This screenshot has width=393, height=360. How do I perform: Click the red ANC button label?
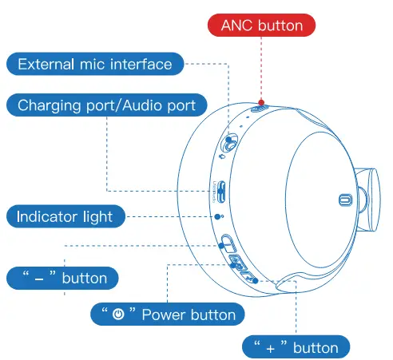coord(261,26)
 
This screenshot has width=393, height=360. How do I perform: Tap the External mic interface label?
coord(95,64)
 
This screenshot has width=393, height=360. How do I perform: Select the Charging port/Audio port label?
coord(107,105)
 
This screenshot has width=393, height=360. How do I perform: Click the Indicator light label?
coord(65,216)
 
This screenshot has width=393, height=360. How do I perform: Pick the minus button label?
coord(62,278)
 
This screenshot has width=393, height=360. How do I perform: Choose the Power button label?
coord(168,314)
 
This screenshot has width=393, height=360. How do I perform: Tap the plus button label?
coord(296,347)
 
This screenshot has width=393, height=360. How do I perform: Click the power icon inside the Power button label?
coord(118,315)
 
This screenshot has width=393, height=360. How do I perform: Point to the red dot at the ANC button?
coord(261,102)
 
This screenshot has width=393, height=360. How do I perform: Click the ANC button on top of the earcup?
coord(260,109)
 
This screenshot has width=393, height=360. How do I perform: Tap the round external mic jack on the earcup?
coord(228,144)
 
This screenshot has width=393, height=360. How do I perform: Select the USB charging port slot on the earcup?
coord(221,192)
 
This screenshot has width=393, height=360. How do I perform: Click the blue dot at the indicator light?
coord(217,216)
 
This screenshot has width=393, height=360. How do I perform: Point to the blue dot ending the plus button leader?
coord(255,280)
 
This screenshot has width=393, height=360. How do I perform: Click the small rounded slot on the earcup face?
coord(345,200)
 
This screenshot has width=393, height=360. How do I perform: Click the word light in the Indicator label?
coord(98,217)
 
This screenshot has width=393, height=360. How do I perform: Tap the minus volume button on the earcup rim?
coord(228,243)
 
